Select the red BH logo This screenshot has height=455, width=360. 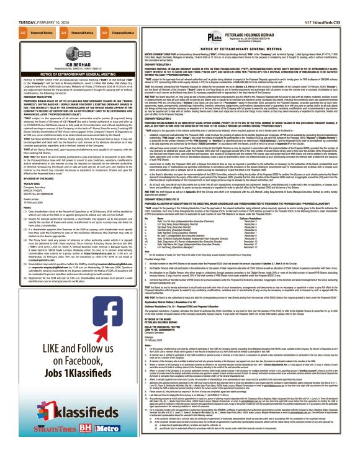pyautogui.click(x=61, y=441)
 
